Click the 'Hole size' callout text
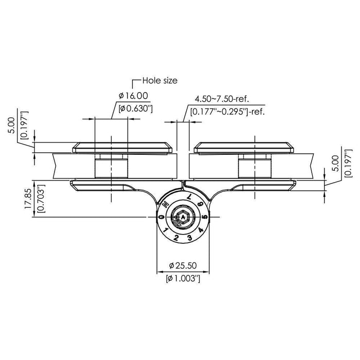[159, 81]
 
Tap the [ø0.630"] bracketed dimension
[135, 108]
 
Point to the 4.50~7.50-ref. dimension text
[221, 99]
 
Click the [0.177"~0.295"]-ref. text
[227, 111]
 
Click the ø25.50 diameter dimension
[184, 266]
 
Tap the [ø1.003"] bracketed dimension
[184, 278]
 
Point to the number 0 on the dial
[162, 218]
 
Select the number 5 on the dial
[204, 217]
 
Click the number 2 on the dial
[176, 238]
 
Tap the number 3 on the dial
[189, 238]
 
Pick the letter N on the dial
[166, 205]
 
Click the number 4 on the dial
[199, 230]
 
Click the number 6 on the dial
[201, 205]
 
